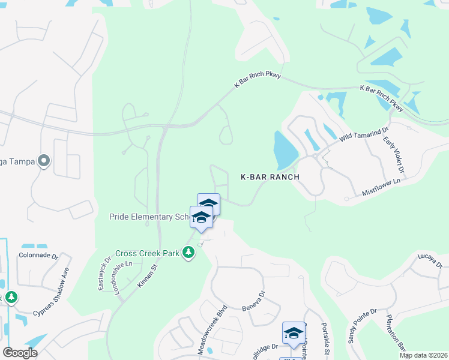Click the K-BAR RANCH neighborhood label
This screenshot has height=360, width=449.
click(270, 177)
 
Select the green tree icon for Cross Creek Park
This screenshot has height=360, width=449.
click(189, 253)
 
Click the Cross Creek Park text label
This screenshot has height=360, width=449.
click(148, 254)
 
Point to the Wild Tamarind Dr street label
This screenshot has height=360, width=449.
click(364, 133)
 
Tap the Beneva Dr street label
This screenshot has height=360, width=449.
click(253, 302)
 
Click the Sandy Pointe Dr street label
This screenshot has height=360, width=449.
click(361, 326)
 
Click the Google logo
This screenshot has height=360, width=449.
click(20, 352)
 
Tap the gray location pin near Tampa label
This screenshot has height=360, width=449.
click(43, 161)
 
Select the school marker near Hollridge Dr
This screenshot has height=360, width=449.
click(294, 334)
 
